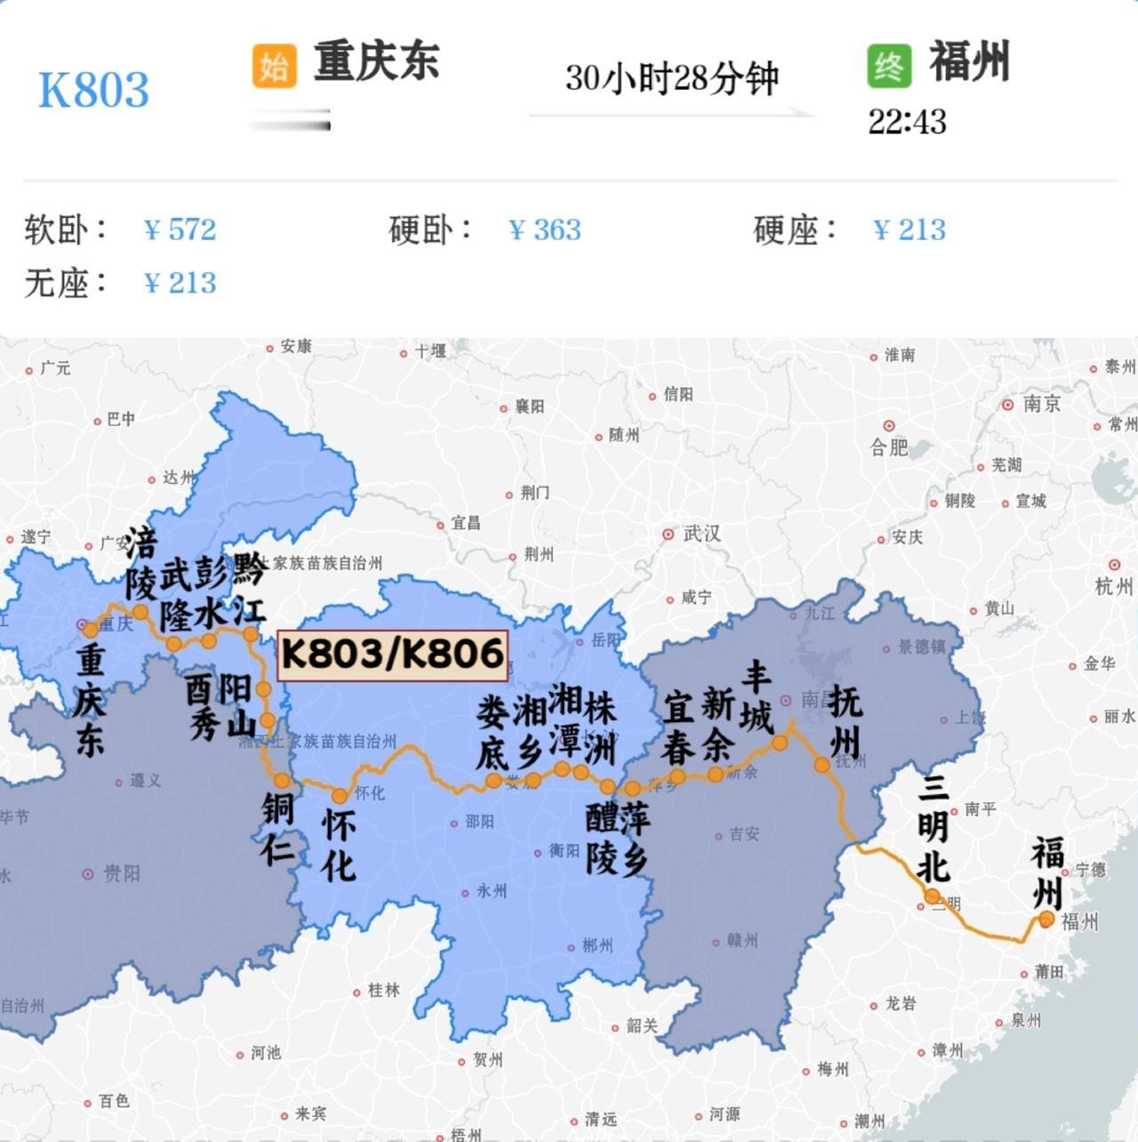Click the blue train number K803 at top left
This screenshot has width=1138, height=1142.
[93, 90]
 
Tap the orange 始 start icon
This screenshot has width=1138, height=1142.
[274, 67]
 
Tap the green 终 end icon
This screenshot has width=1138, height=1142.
[889, 67]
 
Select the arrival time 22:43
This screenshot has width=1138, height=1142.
[907, 122]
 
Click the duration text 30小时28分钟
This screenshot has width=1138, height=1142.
[671, 78]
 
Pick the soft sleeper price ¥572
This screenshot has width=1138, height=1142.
[180, 230]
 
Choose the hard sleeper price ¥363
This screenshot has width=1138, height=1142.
[545, 230]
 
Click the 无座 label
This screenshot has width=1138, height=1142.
[66, 284]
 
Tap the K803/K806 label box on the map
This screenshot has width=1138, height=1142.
[393, 655]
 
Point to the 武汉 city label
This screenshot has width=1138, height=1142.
[701, 534]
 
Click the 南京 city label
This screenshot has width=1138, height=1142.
[1041, 404]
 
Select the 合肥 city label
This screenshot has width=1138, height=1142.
[889, 446]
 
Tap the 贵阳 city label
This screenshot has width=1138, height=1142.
[121, 873]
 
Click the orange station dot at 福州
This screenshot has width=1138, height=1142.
[1046, 919]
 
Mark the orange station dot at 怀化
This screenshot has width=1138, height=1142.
[340, 795]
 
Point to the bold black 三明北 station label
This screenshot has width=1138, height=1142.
[934, 828]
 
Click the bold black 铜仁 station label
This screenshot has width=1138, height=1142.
[277, 828]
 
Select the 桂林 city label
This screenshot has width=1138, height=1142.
[383, 990]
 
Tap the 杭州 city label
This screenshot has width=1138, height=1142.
[1114, 586]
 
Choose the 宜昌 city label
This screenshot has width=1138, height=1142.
[465, 523]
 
